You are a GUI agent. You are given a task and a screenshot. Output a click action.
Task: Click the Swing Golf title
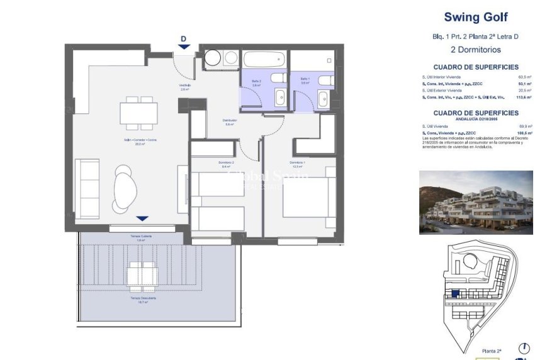[x=475, y=17]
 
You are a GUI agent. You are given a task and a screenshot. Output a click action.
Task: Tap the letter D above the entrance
[x=183, y=39]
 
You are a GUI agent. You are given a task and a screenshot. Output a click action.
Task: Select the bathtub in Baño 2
[x=262, y=60]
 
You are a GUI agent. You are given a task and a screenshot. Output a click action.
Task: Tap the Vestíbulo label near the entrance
[x=184, y=86]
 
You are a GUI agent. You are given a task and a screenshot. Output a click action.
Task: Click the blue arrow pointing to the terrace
[x=142, y=218]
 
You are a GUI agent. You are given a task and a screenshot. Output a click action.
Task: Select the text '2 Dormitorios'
[x=475, y=49]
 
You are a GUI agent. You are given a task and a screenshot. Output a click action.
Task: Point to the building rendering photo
[x=476, y=203]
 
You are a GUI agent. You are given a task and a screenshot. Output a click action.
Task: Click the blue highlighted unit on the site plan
[x=455, y=293]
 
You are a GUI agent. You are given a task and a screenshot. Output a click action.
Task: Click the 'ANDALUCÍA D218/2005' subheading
[x=475, y=119]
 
